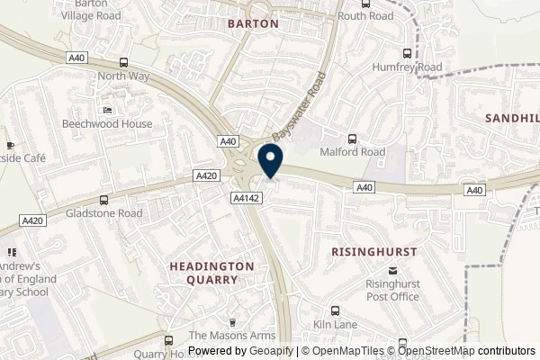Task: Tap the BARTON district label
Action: [x=252, y=24]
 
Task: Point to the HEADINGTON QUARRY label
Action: [x=213, y=274]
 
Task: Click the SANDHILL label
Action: [x=512, y=118]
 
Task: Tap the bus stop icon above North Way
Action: [x=123, y=63]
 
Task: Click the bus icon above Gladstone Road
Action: [x=104, y=200]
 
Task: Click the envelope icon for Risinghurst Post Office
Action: [x=391, y=270]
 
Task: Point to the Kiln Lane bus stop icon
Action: [x=336, y=309]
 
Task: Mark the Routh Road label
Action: [x=365, y=16]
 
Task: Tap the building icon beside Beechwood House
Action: [x=107, y=110]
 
